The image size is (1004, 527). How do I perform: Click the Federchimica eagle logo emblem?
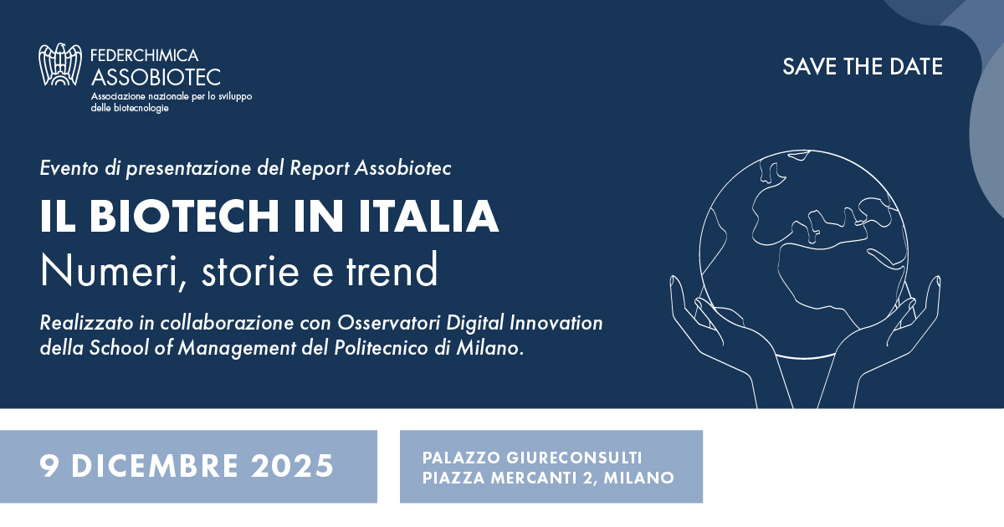(63, 65)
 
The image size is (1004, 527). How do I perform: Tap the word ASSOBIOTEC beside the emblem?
(156, 78)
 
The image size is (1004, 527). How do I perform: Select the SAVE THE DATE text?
(863, 67)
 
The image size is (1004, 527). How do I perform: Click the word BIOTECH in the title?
(196, 217)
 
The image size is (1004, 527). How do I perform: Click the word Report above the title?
(319, 168)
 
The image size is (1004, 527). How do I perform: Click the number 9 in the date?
(48, 466)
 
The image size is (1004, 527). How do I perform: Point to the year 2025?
(290, 466)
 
